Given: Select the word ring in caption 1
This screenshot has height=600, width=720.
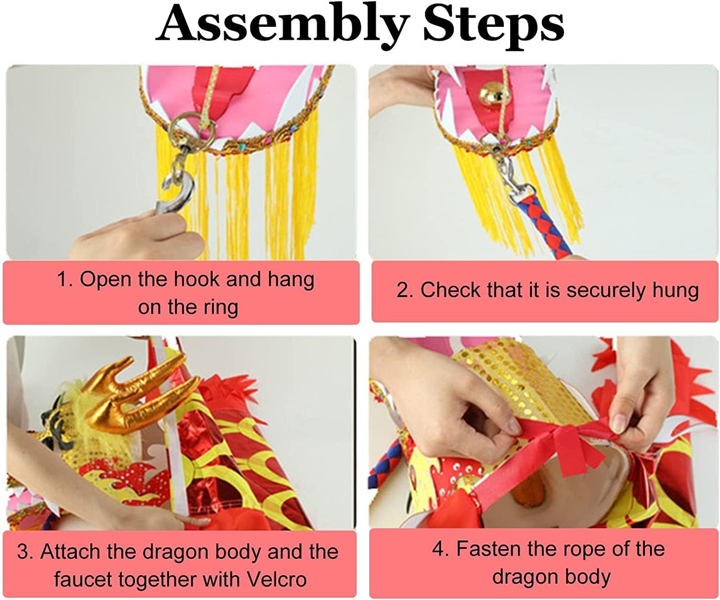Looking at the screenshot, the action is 221,307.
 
